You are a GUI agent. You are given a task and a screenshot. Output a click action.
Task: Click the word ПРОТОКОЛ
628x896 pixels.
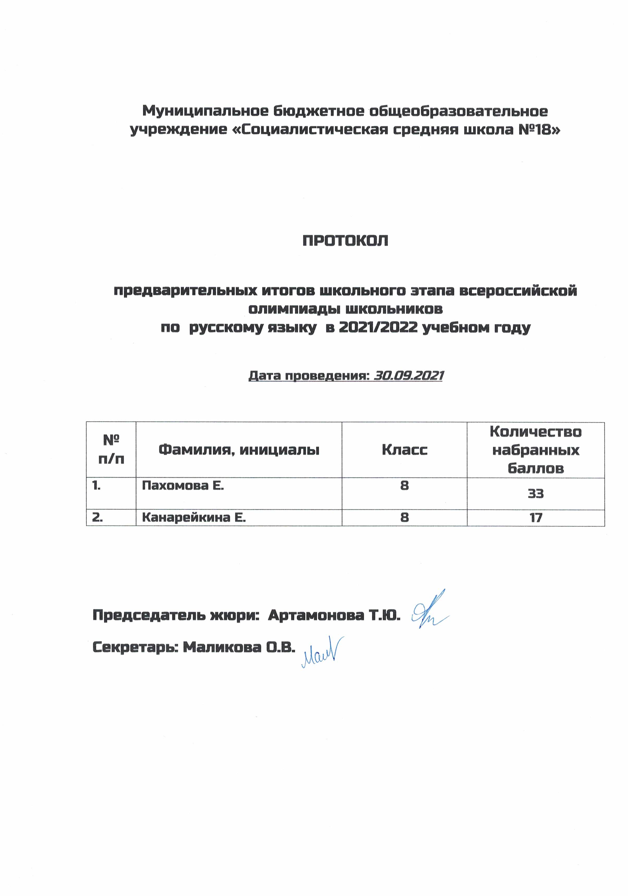point(345,241)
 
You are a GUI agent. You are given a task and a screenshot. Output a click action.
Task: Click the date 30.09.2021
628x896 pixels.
point(408,376)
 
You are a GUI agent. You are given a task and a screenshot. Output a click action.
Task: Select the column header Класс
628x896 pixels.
point(405,450)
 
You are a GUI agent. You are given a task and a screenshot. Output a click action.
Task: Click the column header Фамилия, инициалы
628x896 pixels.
point(239,450)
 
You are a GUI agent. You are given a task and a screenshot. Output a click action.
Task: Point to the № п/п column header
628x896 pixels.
point(111,450)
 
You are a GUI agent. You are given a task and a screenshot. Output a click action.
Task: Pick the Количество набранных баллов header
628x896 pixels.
point(535,450)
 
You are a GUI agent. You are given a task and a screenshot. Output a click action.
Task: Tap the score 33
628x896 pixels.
point(535,494)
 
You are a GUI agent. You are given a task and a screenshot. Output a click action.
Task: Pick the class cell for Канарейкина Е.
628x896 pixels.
point(405,517)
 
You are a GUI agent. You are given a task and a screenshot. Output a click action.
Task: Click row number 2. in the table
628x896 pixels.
point(97,517)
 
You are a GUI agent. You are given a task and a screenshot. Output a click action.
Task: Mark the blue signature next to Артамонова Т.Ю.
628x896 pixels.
point(429,615)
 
